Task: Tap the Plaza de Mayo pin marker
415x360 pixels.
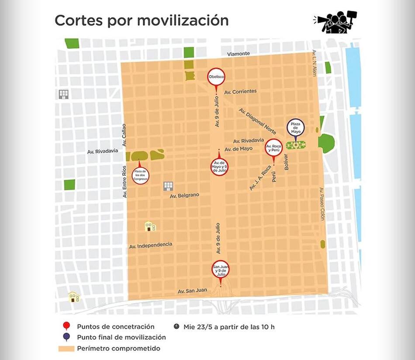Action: click(x=295, y=128)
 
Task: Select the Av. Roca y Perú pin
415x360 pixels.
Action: click(x=274, y=147)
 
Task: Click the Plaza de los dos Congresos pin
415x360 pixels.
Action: click(x=140, y=175)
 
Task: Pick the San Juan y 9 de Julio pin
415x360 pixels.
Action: click(x=220, y=270)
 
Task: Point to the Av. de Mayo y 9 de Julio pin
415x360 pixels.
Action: click(x=220, y=166)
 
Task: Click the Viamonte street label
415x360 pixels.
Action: click(x=239, y=54)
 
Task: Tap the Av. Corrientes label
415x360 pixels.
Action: click(x=240, y=91)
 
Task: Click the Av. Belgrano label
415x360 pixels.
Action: click(x=184, y=195)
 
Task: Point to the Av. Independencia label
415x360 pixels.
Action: click(x=151, y=246)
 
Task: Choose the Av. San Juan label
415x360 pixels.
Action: click(x=192, y=291)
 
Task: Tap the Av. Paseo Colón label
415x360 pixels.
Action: click(x=322, y=204)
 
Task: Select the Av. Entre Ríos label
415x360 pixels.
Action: click(x=124, y=183)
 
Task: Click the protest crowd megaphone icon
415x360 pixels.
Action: click(x=335, y=22)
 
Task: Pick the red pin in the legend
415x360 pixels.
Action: click(x=66, y=326)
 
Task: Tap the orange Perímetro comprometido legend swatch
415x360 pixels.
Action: click(x=66, y=349)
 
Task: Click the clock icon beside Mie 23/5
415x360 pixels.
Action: click(x=176, y=326)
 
